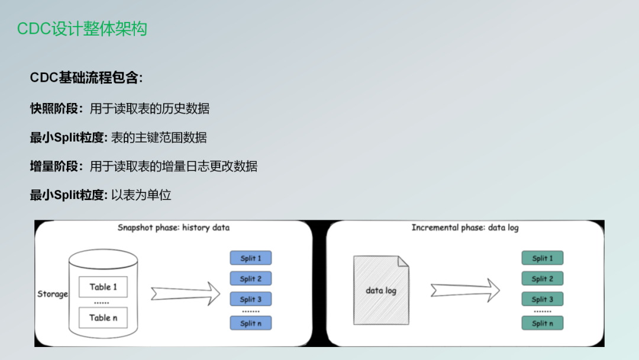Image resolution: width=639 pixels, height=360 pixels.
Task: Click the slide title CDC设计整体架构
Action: click(82, 28)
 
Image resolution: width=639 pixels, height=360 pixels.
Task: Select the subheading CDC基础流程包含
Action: click(86, 78)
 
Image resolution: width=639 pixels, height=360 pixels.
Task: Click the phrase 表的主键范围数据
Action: click(159, 137)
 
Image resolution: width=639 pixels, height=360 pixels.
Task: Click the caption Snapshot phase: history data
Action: click(173, 227)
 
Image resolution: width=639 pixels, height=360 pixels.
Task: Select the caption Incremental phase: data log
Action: click(465, 227)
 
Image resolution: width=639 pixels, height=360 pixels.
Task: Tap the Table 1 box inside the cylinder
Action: click(103, 287)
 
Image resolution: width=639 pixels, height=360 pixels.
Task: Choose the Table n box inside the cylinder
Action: click(103, 318)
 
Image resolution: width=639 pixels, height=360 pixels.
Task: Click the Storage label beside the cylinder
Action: click(53, 294)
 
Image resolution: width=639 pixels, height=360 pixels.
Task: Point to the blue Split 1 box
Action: click(251, 258)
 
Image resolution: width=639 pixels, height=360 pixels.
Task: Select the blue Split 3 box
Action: click(251, 299)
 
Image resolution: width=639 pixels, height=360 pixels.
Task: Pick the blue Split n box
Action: click(251, 323)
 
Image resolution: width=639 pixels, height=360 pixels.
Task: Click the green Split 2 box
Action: click(542, 278)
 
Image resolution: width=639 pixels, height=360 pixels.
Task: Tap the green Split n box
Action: click(542, 323)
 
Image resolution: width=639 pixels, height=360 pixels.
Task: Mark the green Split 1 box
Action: click(542, 258)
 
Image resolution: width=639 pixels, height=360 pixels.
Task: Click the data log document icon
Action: click(381, 290)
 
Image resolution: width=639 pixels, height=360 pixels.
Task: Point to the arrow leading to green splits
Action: click(464, 290)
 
